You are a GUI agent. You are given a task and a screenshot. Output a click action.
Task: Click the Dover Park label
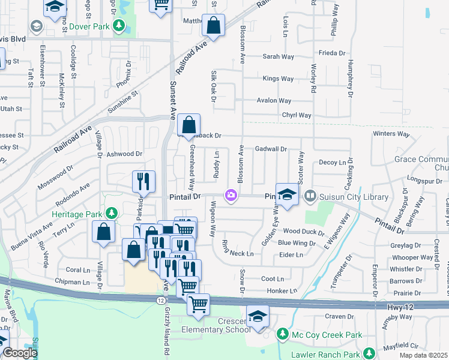89,26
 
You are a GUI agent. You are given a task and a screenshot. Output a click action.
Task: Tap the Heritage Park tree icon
110,214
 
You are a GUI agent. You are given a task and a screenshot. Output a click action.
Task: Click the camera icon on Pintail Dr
231,195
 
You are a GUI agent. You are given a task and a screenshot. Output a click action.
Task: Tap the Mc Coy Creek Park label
322,334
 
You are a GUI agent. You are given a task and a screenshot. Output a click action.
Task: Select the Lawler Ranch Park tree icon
370,353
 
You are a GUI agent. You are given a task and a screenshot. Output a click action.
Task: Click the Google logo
20,353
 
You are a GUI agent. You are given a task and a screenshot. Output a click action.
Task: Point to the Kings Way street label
279,79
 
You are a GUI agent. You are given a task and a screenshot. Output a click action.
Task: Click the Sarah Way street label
278,57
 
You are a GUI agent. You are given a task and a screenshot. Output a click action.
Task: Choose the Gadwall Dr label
271,149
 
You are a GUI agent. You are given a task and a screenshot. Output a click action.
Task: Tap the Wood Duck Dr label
304,232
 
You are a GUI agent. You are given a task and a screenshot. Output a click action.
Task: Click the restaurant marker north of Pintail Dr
144,181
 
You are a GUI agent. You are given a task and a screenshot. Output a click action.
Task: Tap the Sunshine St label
123,102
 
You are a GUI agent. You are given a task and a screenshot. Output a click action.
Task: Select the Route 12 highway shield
161,299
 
